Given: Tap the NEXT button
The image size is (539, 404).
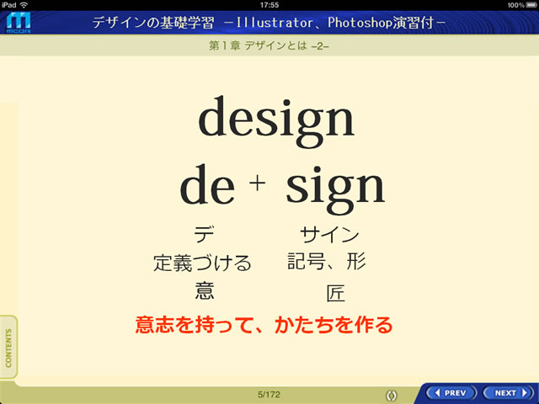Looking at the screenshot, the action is coord(509,393).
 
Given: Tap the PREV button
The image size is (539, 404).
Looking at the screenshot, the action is coord(451,393).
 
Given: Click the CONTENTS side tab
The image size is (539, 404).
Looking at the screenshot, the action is coord(8,348).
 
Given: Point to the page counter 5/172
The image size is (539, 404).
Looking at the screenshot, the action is coord(269,395).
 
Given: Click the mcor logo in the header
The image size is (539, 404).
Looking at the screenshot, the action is coord(19,23).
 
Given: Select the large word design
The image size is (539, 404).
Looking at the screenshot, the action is coord(276,121).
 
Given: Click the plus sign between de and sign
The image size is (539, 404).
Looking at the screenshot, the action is coord(257,183).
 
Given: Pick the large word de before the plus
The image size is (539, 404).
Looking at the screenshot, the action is coord(207,184).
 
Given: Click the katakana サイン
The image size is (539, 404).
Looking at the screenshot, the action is coord(329,235).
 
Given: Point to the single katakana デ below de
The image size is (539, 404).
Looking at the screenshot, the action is coord(204,234).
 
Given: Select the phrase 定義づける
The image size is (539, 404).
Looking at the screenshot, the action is coord(202,263).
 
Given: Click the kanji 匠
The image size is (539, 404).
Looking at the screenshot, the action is coord(335,293).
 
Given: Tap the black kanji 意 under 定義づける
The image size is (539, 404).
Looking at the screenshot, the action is coord(205,290).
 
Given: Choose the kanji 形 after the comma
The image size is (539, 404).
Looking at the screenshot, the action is coord(355,262).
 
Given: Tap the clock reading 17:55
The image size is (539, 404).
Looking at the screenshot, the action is coord(269,5).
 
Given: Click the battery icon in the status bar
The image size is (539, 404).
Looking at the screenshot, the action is coord(531,5).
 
